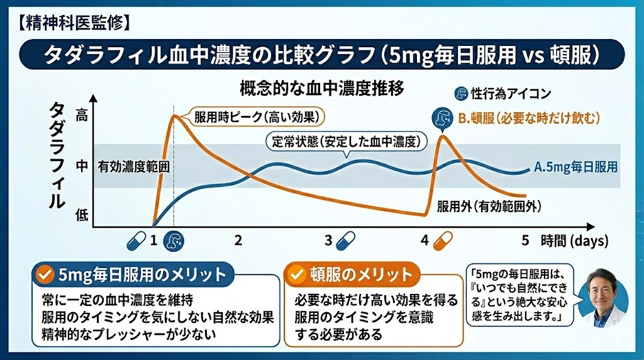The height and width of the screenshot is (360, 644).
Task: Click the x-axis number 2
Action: [x=238, y=240]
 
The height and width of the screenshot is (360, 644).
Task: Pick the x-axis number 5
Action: [x=525, y=240]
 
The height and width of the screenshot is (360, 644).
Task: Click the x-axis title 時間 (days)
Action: [x=574, y=240]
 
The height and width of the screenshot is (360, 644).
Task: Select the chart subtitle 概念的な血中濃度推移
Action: [x=321, y=87]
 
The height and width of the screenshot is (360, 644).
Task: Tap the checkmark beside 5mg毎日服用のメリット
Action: [x=43, y=274]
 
